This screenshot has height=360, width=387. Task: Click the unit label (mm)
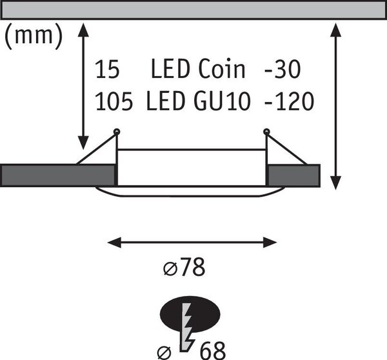tap(34, 36)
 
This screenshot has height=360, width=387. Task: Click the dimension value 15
tap(107, 69)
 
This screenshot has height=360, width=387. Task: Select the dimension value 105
tap(114, 101)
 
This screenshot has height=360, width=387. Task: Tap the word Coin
tap(222, 69)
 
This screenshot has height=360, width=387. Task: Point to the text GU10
tap(223, 101)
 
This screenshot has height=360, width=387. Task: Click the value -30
tap(283, 69)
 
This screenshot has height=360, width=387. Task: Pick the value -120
tap(289, 101)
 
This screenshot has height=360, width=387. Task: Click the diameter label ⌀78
tap(184, 267)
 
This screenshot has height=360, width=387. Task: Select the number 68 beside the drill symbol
tap(212, 350)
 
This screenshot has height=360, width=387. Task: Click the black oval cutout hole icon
tap(190, 314)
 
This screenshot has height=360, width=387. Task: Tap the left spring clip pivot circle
tap(117, 132)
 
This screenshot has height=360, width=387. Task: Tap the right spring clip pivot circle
tap(266, 132)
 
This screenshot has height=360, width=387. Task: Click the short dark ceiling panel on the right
tap(293, 175)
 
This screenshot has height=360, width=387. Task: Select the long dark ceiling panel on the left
tap(58, 175)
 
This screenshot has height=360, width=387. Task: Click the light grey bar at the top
tap(193, 10)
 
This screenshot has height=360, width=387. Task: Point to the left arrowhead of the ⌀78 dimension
tap(114, 243)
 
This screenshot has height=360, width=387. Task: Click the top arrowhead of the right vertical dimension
tap(335, 30)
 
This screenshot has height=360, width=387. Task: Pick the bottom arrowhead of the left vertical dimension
tap(83, 143)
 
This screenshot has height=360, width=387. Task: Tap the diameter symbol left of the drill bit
tap(164, 353)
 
